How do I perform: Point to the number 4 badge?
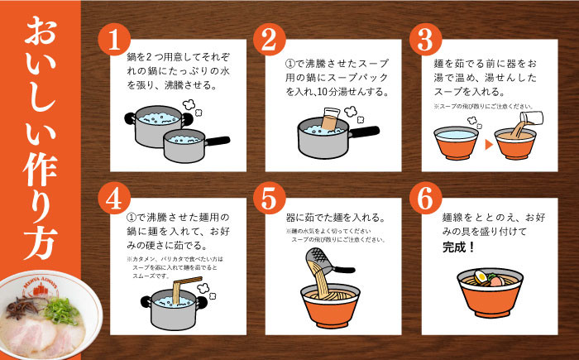coord(114,199)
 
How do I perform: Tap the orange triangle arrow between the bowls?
coord(488,143)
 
